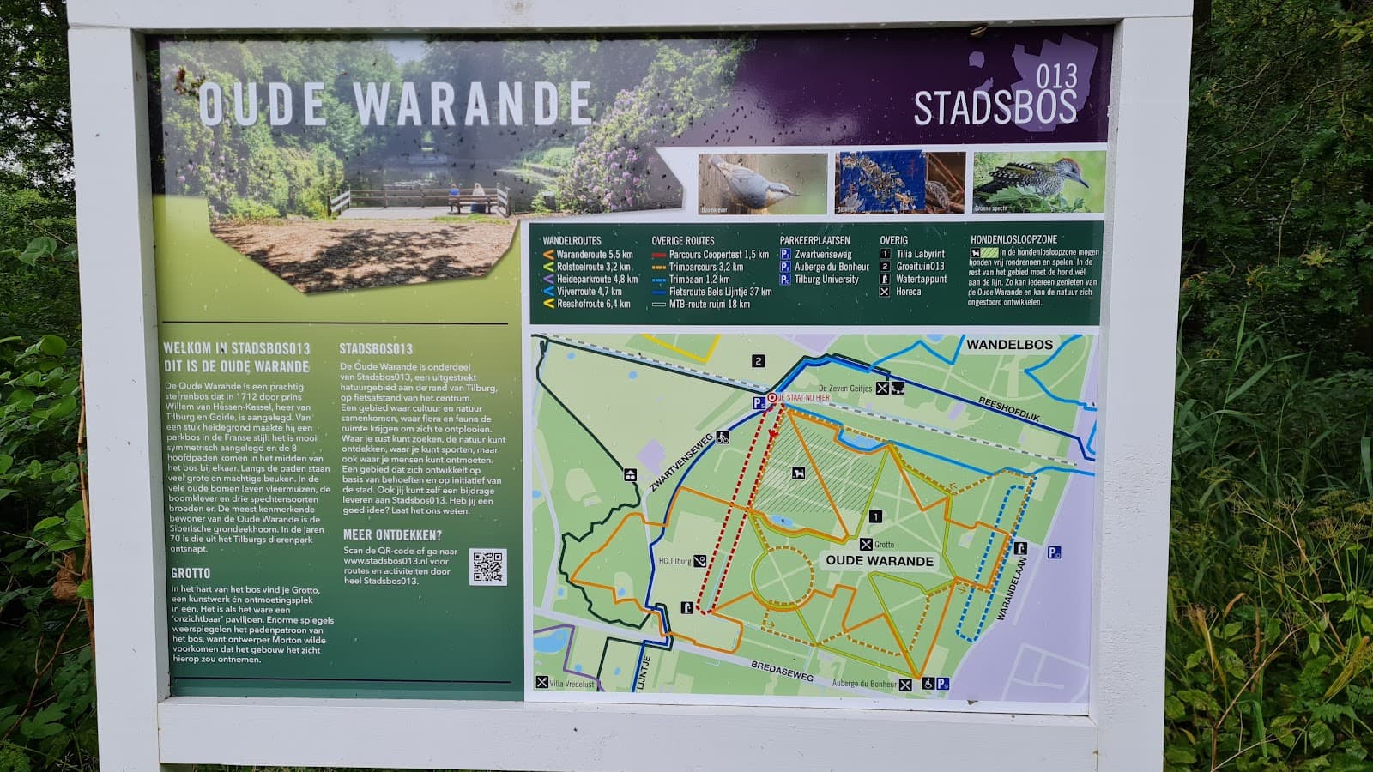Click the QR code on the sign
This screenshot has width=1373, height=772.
click(x=487, y=568)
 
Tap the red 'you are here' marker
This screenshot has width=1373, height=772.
click(x=772, y=398)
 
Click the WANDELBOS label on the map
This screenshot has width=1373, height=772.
click(x=1009, y=345)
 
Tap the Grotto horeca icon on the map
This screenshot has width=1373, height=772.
click(x=867, y=545)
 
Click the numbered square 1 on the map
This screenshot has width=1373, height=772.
click(x=874, y=516)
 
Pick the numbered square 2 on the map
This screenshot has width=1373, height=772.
click(x=758, y=361)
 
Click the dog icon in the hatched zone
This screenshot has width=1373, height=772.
click(x=799, y=473)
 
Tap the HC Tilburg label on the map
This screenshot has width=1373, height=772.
click(x=674, y=561)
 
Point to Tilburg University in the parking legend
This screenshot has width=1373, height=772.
click(x=826, y=280)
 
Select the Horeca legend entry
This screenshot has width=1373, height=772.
click(x=908, y=292)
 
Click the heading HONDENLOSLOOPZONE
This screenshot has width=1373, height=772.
click(x=1013, y=240)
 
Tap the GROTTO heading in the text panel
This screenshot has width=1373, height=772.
click(x=191, y=573)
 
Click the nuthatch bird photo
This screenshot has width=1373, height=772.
click(x=762, y=183)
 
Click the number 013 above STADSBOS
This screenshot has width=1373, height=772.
click(x=1056, y=77)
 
